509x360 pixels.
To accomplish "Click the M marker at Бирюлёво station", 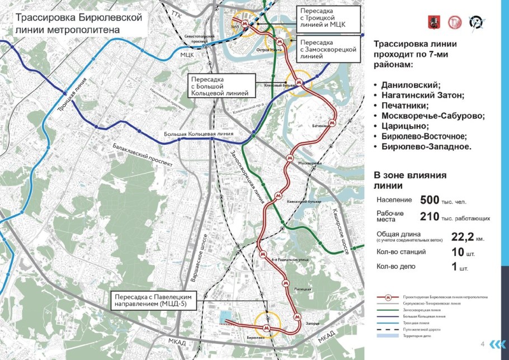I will pos(267,329).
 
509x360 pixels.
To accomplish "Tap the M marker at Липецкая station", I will pos(285,283).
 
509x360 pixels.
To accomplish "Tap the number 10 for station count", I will pos(458,252).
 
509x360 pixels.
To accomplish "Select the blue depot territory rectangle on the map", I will pos(224,317).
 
